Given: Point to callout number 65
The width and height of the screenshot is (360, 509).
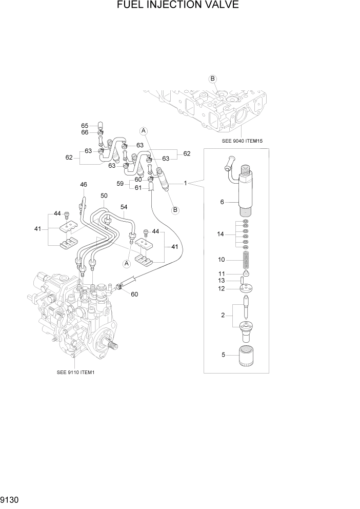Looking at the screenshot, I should [x=85, y=126].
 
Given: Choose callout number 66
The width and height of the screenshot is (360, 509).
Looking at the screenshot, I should [x=85, y=132].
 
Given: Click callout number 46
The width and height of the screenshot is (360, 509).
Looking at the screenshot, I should [x=84, y=184].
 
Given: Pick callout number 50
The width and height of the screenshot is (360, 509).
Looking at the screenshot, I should [x=104, y=196].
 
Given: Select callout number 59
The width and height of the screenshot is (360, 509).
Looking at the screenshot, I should [x=120, y=184].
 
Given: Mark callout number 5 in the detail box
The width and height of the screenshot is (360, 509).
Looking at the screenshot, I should [x=223, y=355].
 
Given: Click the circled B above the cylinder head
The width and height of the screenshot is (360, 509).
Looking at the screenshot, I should [x=212, y=79].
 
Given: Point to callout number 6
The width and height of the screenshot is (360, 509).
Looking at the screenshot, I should [x=223, y=202].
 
